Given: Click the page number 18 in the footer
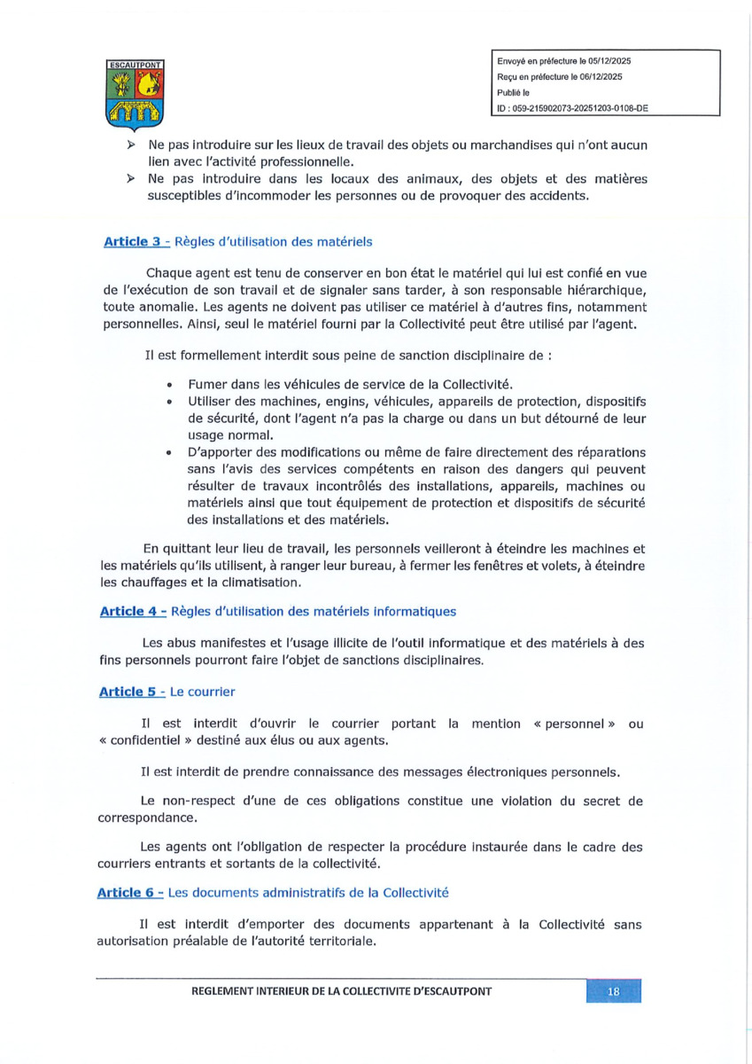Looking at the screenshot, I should coord(613,991).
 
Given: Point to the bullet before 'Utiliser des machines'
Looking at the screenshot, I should coord(168,403).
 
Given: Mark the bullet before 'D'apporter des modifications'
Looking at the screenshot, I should coord(168,452).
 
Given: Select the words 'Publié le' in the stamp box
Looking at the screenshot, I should coord(512,92).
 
